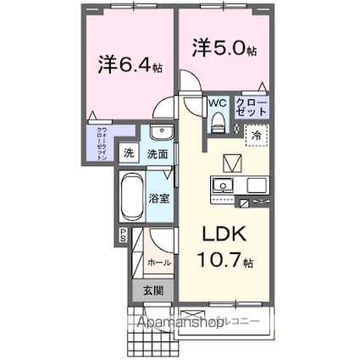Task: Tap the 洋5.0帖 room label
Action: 225,50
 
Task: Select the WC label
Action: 218,103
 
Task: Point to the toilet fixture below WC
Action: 218,124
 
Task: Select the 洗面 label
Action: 158,155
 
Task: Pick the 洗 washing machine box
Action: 129,154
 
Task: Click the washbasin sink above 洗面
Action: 158,134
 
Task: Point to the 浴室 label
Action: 159,200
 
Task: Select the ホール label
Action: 159,263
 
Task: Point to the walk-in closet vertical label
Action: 102,143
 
